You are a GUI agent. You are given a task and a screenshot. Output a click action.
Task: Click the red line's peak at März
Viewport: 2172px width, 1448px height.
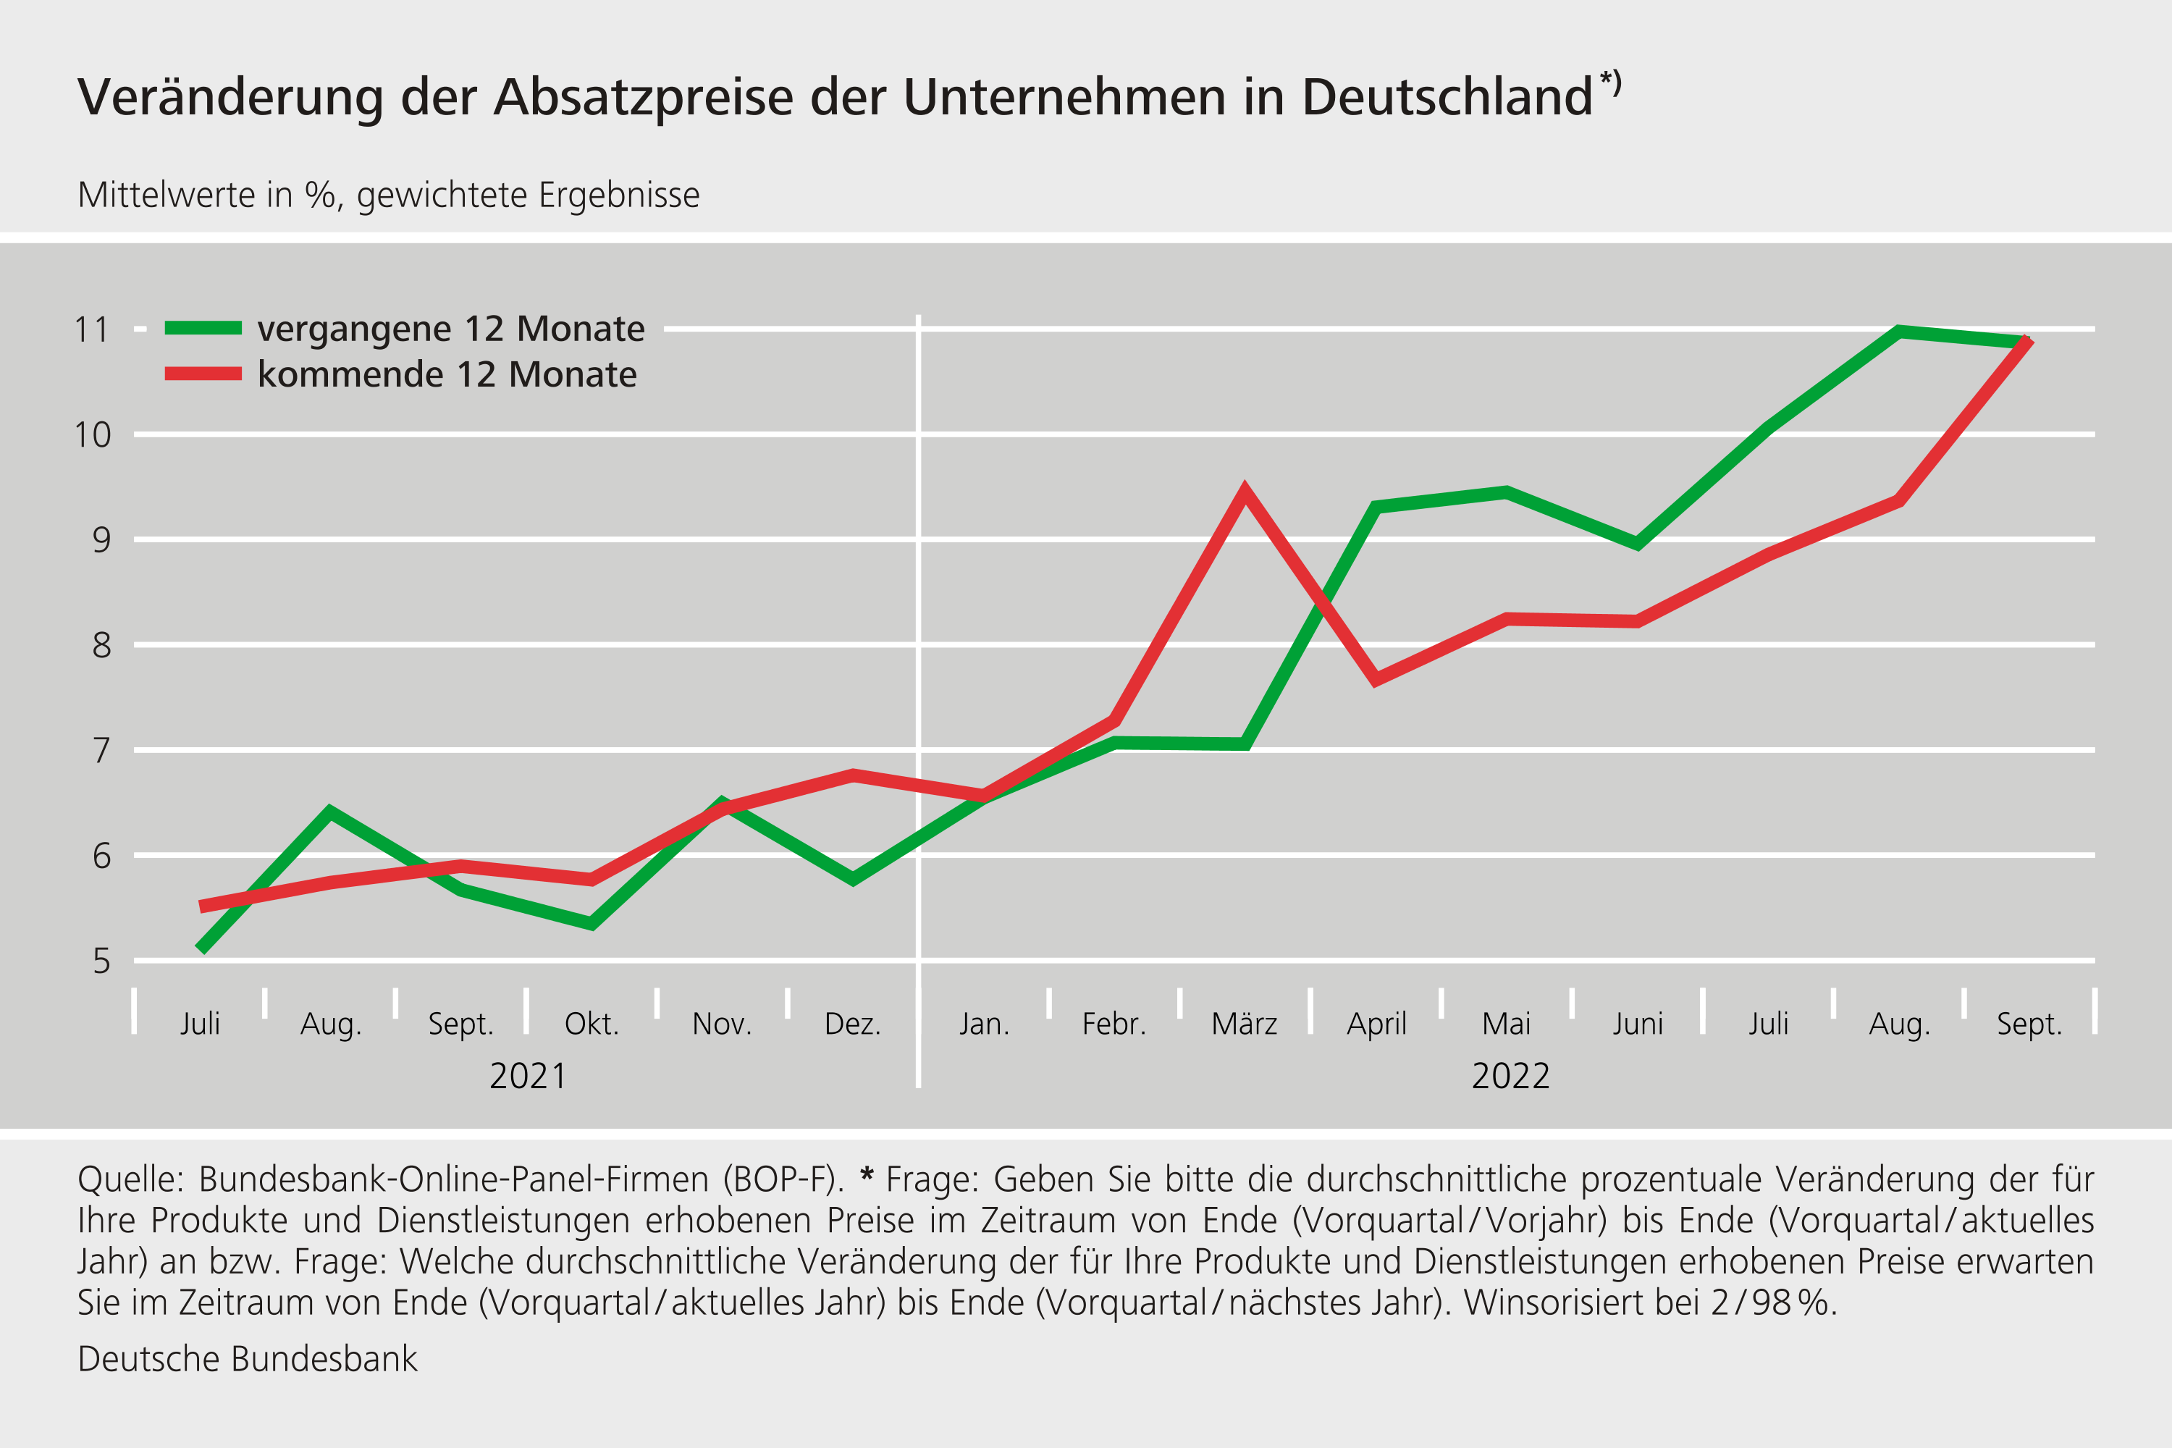[1245, 492]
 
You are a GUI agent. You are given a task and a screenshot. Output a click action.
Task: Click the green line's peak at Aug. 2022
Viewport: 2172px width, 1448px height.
[1898, 332]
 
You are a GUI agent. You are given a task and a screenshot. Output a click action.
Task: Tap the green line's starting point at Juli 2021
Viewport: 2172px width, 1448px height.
[201, 948]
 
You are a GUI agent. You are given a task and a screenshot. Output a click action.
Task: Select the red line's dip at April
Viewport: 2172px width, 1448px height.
[1376, 681]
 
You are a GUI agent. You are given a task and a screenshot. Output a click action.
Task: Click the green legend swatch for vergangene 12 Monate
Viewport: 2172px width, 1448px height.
[203, 328]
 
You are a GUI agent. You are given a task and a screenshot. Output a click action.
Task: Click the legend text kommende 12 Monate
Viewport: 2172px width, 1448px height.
[447, 375]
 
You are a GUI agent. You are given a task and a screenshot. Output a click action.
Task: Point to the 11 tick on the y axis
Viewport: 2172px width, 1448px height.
[91, 329]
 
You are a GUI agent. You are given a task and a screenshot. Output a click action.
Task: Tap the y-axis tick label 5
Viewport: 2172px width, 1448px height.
[101, 962]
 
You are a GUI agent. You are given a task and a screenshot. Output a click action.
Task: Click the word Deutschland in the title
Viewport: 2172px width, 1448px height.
[1447, 97]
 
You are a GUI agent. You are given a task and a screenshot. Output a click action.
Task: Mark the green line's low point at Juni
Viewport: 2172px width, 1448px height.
[1637, 543]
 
